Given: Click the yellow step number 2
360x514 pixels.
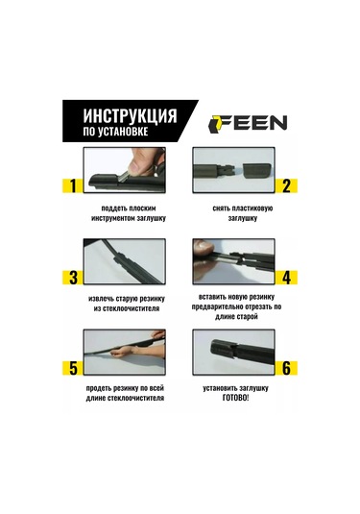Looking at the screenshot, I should pos(286,185).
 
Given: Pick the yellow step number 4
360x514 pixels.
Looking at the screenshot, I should pos(286,278).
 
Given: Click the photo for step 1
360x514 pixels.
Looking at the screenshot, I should pos(125,173).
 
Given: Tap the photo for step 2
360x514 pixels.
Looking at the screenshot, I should pos(231,173).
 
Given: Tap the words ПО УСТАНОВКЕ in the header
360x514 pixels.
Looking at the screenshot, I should pos(115,132).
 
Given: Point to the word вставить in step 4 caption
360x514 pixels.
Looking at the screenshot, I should pos(212,296).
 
